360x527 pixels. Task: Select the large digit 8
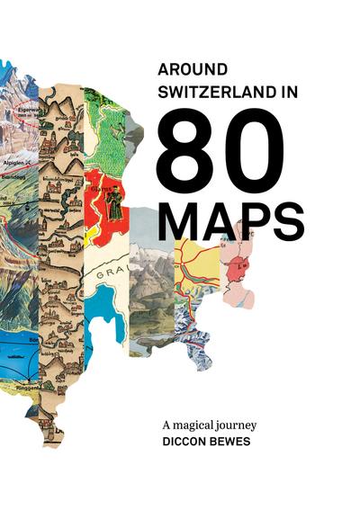pyautogui.click(x=197, y=152)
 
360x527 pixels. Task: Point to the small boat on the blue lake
pyautogui.click(x=19, y=356)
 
